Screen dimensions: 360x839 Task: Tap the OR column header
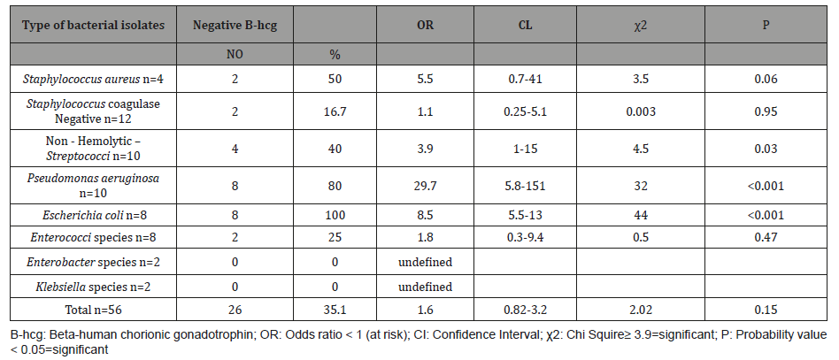coord(425,25)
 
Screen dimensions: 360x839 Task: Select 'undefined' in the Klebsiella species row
coord(425,287)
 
